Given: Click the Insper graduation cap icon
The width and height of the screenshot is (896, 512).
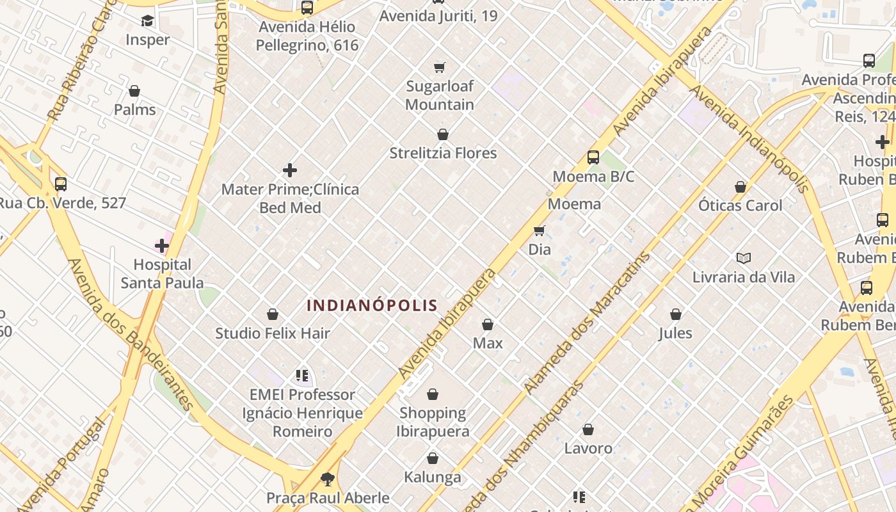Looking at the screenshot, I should pos(147,21).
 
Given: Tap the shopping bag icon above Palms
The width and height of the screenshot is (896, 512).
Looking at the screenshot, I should pos(134,91).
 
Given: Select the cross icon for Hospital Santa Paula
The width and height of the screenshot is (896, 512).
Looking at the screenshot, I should pos(162,245).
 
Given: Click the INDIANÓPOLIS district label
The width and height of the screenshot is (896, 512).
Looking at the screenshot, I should pos(372,306).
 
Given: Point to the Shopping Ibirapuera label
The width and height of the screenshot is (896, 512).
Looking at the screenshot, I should pos(433,422).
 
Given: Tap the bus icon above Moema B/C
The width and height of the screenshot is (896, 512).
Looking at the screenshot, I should pos(593,157).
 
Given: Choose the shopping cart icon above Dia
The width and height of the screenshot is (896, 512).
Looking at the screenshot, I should pos(540,230).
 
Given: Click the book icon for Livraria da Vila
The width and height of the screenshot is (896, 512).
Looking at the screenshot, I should pos(743,258).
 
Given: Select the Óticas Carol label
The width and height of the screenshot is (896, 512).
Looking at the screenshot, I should pos(740,205).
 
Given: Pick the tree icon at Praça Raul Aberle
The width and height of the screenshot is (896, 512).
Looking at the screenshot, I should pos(328,479).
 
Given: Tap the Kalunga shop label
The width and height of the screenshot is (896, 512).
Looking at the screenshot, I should pos(433,477).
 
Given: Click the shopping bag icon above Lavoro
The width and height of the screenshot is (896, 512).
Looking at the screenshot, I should pos(588,429).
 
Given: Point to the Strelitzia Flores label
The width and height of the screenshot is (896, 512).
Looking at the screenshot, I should pos(443,153).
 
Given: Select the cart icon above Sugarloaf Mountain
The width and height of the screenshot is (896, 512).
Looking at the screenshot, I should pos(440,67).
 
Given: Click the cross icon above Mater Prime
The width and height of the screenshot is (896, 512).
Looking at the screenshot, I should pos(290,170).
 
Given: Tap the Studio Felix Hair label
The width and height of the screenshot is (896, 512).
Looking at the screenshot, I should pos(273,333).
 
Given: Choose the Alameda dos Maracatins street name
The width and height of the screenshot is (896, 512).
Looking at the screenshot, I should pos(586,323).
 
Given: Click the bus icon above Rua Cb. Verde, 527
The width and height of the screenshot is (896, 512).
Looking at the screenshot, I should pos(61,184).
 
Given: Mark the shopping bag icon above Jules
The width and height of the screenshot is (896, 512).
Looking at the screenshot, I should pos(676,314).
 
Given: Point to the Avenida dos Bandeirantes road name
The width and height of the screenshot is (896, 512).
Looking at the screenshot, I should pos(131,334).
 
